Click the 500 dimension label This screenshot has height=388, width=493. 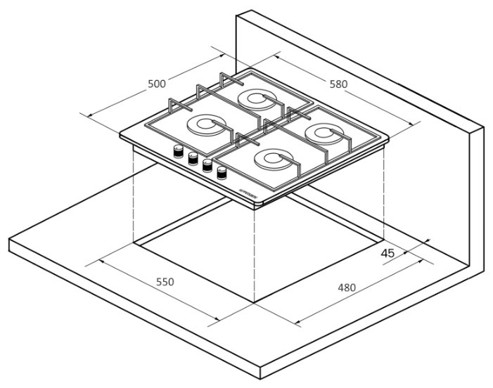[157, 84]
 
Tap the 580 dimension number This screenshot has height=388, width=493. [338, 84]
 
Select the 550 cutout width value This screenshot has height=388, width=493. [164, 282]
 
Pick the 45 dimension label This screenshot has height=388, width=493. [388, 253]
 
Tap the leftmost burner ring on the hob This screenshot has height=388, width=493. [206, 126]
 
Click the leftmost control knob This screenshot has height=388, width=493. [179, 150]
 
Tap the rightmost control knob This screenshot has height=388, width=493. [222, 173]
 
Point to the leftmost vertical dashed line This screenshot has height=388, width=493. [134, 197]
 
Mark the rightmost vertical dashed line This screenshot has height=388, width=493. [383, 190]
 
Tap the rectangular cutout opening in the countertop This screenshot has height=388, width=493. [211, 253]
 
